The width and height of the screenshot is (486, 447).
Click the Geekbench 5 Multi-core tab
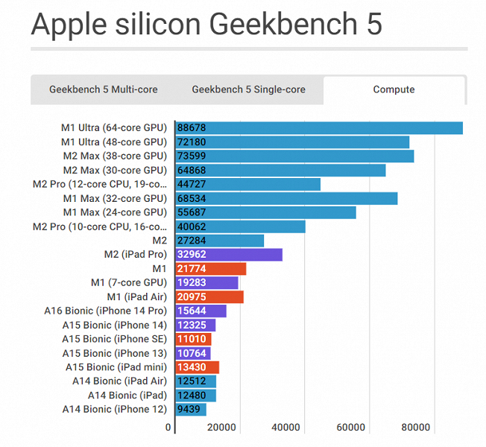coord(104,89)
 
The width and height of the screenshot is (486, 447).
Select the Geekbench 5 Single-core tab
coord(248,89)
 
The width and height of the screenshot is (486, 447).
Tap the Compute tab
coord(394,89)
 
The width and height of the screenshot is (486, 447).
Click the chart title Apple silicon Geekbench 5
coord(206,24)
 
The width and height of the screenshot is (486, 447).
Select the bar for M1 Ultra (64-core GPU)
coord(319,128)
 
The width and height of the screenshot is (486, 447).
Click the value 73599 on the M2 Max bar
coord(192,156)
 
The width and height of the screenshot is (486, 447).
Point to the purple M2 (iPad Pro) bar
coord(229,255)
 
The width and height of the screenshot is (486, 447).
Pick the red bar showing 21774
coord(211,269)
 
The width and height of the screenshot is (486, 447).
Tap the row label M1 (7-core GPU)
coord(128,283)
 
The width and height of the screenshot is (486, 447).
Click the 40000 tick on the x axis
coord(286,428)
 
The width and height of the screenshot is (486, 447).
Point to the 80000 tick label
coord(415,428)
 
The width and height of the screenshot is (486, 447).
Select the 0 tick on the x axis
coord(168,428)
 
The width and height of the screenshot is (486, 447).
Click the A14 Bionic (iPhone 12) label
coord(114,409)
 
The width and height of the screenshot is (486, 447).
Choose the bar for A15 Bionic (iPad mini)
coord(198,367)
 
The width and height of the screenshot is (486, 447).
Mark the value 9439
coord(189,409)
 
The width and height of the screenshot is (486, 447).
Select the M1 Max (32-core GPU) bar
coord(286,198)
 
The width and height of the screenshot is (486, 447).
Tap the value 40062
coord(192,226)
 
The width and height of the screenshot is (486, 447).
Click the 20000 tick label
coord(221,428)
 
